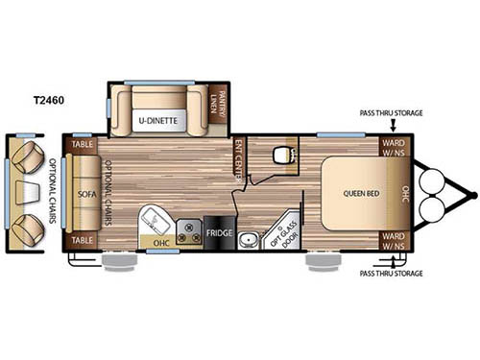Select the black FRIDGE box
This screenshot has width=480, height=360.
[x=216, y=233]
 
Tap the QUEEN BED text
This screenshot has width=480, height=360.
[x=358, y=192]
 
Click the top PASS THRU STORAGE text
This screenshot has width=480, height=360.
[x=391, y=112]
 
